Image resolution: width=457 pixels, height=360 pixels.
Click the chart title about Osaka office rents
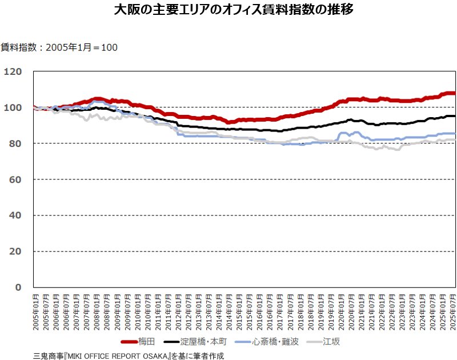pyautogui.click(x=228, y=10)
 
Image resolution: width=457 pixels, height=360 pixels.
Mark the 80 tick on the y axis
pyautogui.click(x=15, y=143)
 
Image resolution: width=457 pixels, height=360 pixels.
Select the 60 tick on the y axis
pyautogui.click(x=15, y=179)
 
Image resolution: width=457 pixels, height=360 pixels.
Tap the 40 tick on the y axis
pyautogui.click(x=15, y=215)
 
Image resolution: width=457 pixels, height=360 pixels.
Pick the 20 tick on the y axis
pyautogui.click(x=15, y=251)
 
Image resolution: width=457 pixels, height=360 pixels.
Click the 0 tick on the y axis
pyautogui.click(x=18, y=287)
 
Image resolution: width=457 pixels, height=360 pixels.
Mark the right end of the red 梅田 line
pyautogui.click(x=455, y=93)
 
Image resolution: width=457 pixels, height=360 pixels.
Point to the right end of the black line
pyautogui.click(x=455, y=116)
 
